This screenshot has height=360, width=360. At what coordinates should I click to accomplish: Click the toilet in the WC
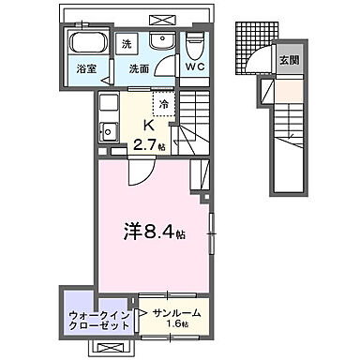pyautogui.click(x=195, y=45)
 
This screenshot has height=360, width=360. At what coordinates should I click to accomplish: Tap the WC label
pyautogui.click(x=195, y=67)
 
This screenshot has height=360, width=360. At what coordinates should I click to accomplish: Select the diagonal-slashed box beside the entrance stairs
pyautogui.click(x=266, y=91)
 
